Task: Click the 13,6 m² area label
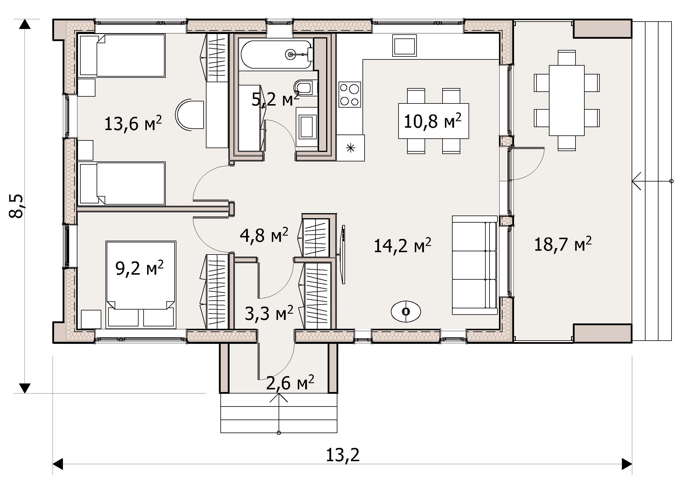(133, 124)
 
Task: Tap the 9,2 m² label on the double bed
(140, 268)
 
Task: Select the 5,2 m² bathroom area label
(275, 99)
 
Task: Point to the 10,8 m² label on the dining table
(433, 121)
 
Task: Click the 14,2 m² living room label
(403, 246)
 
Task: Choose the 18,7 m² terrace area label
(563, 244)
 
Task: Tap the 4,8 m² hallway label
(264, 235)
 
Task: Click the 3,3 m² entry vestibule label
(269, 313)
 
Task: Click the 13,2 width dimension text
(343, 456)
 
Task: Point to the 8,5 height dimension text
(16, 206)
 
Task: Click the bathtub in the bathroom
(276, 54)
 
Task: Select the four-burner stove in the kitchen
(350, 94)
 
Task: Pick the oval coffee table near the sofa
(406, 311)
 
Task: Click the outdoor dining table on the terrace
(567, 101)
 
